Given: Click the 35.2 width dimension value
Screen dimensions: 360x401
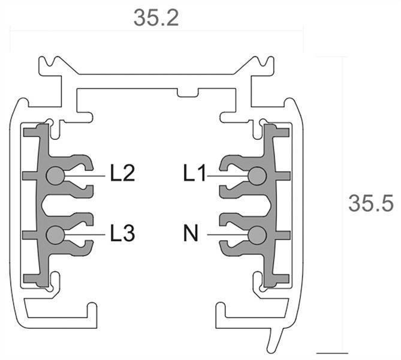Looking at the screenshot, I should (156, 18).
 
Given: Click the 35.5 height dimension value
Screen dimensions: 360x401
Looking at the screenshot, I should (370, 203).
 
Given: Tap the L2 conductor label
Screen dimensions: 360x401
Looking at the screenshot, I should (122, 175).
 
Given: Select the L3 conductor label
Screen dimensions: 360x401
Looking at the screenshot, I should (122, 233).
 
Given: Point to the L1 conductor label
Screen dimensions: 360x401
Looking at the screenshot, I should (195, 175).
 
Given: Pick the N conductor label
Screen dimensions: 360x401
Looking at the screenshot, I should (192, 233).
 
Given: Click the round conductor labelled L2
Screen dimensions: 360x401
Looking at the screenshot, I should (54, 175).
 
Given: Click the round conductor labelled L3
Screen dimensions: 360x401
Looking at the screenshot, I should (54, 234).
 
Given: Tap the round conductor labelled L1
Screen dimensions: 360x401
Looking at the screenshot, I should (258, 175).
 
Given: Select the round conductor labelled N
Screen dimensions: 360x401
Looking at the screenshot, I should (258, 234).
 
